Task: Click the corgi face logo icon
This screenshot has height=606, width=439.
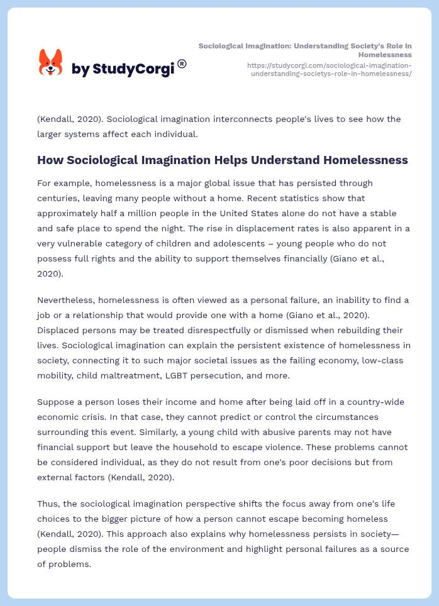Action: (51, 62)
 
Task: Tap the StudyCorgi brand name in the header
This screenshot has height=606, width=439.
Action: (123, 69)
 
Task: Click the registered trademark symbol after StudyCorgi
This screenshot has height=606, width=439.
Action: (182, 63)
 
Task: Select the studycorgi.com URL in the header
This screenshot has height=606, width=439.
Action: (330, 69)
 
